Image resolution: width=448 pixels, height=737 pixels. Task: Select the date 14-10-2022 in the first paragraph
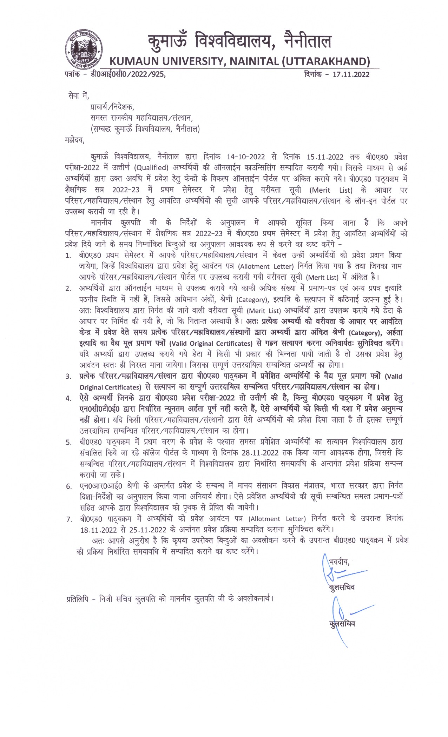[x=246, y=157]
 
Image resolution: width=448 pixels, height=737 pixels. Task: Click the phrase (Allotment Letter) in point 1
[x=266, y=266]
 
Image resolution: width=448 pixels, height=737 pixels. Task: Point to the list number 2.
[x=68, y=289]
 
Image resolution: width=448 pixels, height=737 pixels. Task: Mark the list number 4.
[x=68, y=398]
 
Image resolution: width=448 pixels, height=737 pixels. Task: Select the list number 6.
[x=69, y=486]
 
